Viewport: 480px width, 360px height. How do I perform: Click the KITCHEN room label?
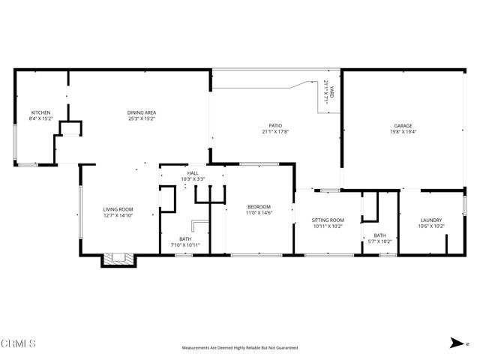point(40,113)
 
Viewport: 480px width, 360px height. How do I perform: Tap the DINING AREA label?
point(142,113)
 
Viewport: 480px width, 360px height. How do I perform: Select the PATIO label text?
point(275,126)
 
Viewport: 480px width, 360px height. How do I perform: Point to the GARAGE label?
point(403,126)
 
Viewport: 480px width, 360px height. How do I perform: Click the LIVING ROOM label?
point(118,209)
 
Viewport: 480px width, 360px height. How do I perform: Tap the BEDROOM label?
point(259,207)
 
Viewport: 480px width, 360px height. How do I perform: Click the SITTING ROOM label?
point(328,220)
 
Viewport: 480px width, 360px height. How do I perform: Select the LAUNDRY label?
point(431,220)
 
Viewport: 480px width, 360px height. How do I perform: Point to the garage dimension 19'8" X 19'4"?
point(403,132)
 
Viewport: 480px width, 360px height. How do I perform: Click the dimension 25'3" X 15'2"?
point(142,118)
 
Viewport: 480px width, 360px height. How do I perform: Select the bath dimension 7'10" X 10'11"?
point(184,244)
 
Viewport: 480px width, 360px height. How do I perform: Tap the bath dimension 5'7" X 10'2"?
point(379,241)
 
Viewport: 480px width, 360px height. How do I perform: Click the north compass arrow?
point(454,343)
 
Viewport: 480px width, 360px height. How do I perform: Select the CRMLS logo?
point(19,343)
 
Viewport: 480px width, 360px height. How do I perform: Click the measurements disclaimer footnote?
point(240,348)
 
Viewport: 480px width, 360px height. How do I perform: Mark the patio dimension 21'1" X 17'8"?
point(275,132)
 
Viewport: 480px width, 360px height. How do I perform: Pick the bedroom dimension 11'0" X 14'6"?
point(259,213)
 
